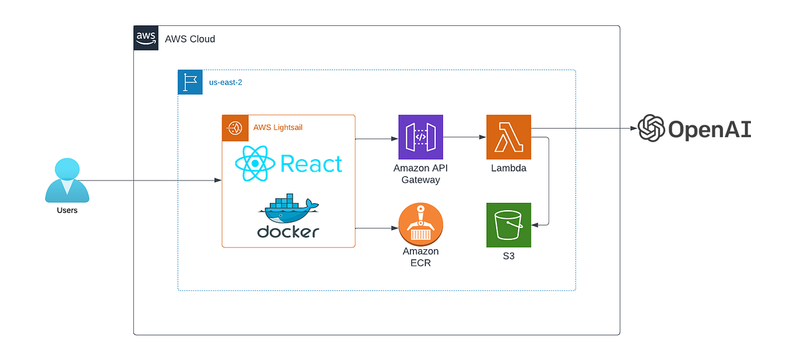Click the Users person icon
67,180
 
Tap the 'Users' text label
67,210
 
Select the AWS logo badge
145,38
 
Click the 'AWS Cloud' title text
190,39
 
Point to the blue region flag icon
190,82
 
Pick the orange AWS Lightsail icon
234,128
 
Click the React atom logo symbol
255,163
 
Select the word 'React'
311,163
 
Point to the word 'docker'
289,231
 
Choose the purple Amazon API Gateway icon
421,137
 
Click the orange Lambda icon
509,137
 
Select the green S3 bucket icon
509,225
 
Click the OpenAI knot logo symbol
651,128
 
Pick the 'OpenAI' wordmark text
709,129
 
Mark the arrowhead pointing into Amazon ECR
394,229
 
